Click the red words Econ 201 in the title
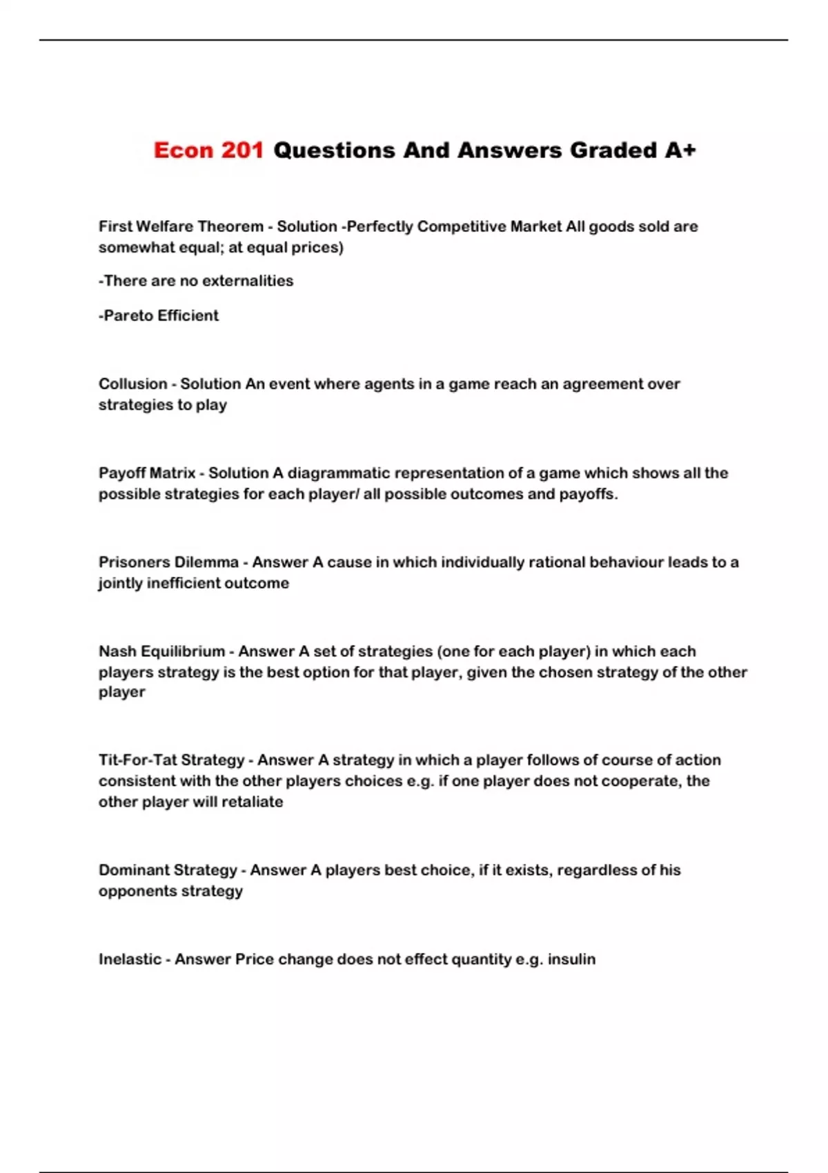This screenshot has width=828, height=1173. click(x=208, y=150)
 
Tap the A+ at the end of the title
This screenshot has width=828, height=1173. click(x=680, y=150)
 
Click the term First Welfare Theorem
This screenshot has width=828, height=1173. click(x=181, y=226)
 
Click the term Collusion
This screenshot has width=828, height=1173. click(x=132, y=384)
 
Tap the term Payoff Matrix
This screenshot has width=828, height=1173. click(x=147, y=473)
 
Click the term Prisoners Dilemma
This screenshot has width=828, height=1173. click(x=168, y=562)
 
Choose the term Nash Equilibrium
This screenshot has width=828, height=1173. click(x=161, y=651)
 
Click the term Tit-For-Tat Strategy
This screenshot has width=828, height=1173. click(x=171, y=760)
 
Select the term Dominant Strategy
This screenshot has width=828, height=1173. click(x=168, y=870)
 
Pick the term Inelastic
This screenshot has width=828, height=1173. click(x=129, y=959)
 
